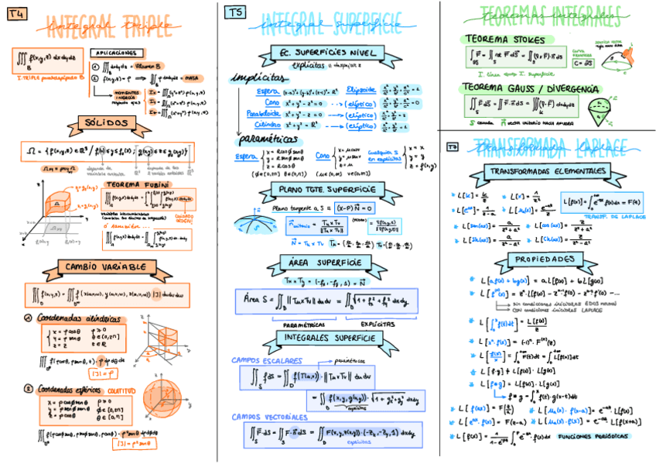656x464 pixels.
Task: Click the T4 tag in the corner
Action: pyautogui.click(x=14, y=11)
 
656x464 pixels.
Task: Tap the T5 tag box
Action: pyautogui.click(x=235, y=12)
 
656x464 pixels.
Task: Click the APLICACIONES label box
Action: pyautogui.click(x=117, y=53)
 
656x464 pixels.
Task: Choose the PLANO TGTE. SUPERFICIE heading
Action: pyautogui.click(x=328, y=189)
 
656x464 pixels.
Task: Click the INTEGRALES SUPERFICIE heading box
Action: pyautogui.click(x=330, y=339)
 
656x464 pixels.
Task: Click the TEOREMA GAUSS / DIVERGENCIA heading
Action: pyautogui.click(x=531, y=89)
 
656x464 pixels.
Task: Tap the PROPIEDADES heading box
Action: pyautogui.click(x=546, y=259)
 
